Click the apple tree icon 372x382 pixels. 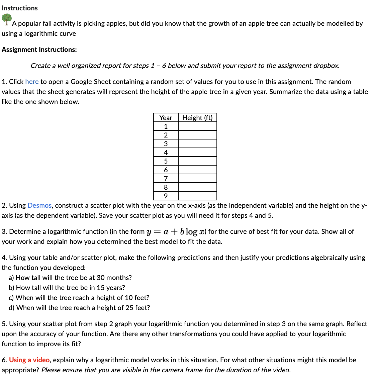click(x=6, y=19)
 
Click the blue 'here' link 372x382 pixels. click(x=32, y=82)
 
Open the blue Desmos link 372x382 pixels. click(x=39, y=205)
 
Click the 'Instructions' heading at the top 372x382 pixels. click(x=20, y=8)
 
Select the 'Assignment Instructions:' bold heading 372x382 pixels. click(x=39, y=50)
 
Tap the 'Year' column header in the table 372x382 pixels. click(x=166, y=118)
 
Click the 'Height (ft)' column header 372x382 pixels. click(x=197, y=118)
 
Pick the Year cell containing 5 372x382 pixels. click(x=166, y=161)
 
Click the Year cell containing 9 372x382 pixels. click(x=166, y=196)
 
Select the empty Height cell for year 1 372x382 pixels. click(x=197, y=126)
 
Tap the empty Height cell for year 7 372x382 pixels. click(x=197, y=178)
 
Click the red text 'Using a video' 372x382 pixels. click(x=29, y=360)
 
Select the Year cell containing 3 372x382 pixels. click(x=166, y=144)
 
